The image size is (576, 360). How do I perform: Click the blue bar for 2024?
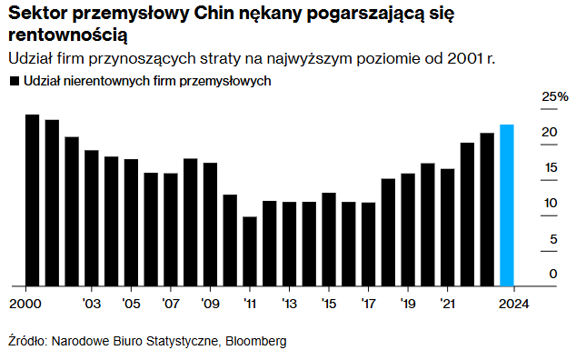point(507,205)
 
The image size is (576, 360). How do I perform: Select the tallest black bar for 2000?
point(32,200)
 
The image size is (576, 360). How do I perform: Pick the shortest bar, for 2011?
point(250,251)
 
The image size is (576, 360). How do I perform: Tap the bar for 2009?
point(210,224)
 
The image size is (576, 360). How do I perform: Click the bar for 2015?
point(329,239)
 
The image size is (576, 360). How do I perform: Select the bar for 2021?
point(447,226)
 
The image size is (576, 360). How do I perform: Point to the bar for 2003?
point(92,217)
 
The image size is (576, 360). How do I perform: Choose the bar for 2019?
point(408,229)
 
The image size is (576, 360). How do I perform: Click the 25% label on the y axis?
point(554,96)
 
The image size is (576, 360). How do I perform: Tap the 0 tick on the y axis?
point(551,274)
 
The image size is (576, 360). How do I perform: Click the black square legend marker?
point(13,81)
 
